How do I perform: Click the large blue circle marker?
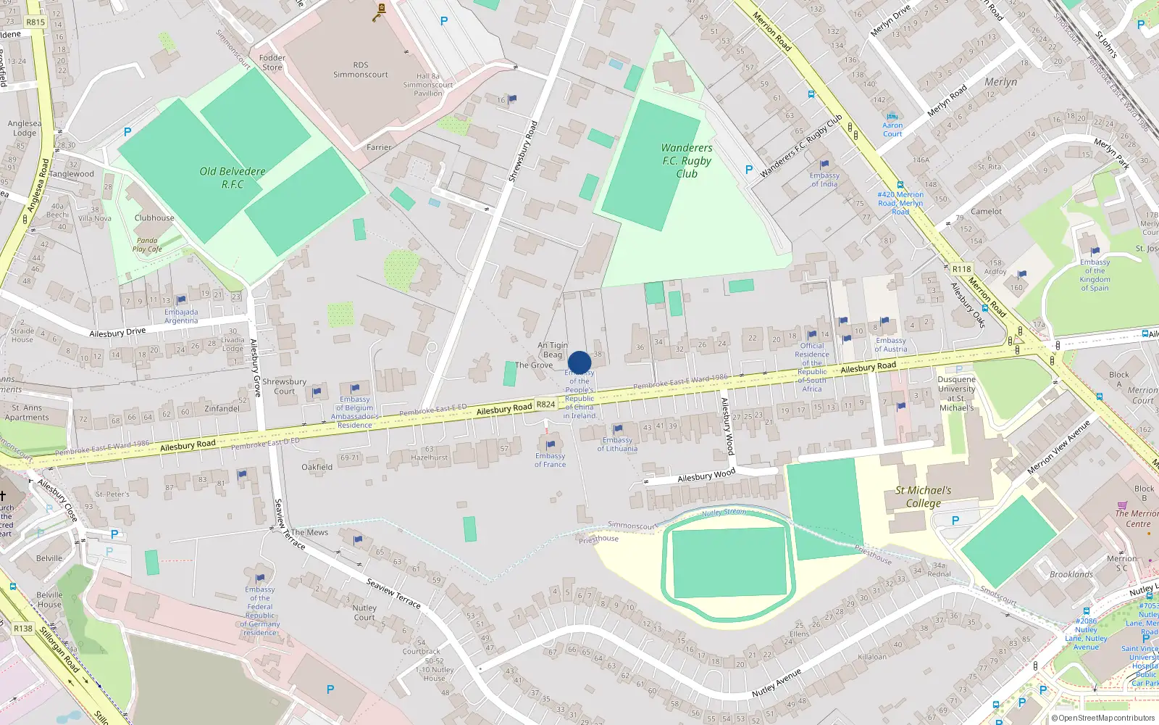click(x=579, y=362)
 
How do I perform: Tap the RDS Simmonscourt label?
click(x=361, y=70)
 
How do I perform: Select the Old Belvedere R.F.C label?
click(x=233, y=178)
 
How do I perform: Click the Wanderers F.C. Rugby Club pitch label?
click(x=687, y=160)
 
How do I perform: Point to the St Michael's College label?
click(x=923, y=497)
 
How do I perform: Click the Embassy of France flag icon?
click(x=551, y=444)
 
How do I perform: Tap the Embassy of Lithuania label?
click(x=617, y=444)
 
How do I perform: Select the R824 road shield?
click(x=546, y=405)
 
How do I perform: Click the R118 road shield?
click(x=961, y=269)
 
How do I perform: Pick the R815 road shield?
click(x=35, y=22)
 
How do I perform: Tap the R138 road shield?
click(x=23, y=629)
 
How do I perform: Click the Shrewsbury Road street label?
click(x=522, y=151)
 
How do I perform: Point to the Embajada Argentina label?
click(x=181, y=316)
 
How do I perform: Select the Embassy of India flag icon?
click(x=824, y=165)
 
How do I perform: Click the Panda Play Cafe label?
click(x=147, y=244)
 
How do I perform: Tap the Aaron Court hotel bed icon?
click(x=892, y=116)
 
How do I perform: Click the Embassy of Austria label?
click(x=890, y=344)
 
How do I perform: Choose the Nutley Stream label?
click(x=723, y=512)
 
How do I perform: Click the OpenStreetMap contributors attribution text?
click(x=1102, y=718)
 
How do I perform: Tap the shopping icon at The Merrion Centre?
click(x=1122, y=505)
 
